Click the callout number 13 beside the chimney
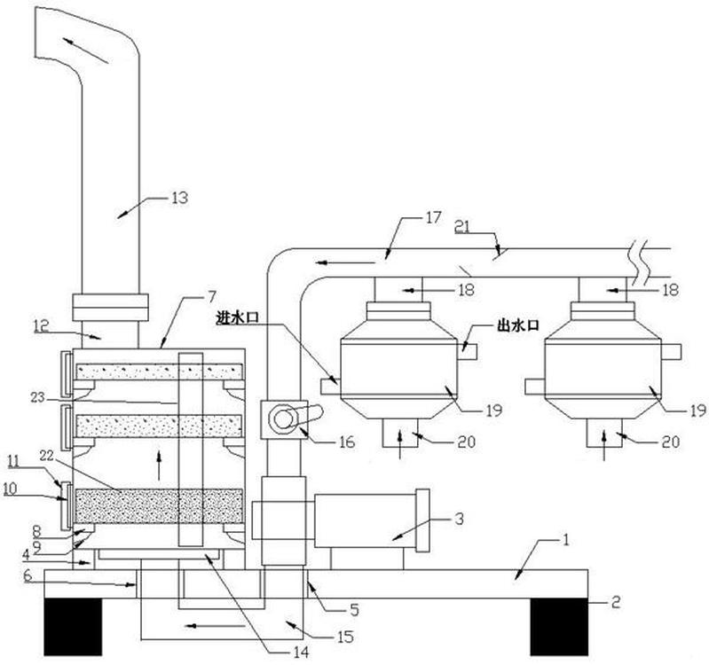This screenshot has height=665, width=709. point(179,198)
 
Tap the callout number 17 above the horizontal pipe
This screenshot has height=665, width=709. point(433,217)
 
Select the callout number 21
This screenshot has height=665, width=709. point(462,226)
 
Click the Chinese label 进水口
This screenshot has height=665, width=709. point(238,318)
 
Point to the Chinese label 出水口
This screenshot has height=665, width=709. point(518,325)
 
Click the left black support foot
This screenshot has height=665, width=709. point(73,627)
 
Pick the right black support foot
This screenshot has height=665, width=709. point(559,627)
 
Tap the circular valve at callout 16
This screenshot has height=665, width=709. point(283,419)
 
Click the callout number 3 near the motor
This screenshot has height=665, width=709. point(459,519)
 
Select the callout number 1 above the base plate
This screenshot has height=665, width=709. point(564,540)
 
